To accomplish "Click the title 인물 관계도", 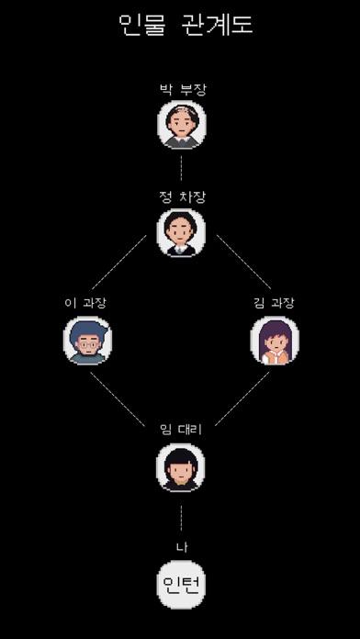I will (x=186, y=24).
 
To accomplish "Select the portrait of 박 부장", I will (x=181, y=125).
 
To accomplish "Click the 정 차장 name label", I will (x=181, y=196).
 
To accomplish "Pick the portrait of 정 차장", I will (x=181, y=232).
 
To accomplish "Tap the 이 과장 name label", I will (x=87, y=302).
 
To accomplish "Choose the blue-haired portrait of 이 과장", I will (x=87, y=341).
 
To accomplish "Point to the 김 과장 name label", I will (x=274, y=302).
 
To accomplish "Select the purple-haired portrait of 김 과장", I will (x=274, y=341).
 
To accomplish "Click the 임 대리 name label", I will (x=181, y=427).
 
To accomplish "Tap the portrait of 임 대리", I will (x=181, y=467).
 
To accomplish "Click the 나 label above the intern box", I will (x=181, y=548).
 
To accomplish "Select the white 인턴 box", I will (x=181, y=584).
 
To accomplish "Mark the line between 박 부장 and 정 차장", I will (x=181, y=168).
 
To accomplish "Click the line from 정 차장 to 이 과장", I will (x=118, y=263).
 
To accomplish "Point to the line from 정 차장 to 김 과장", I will (x=243, y=263).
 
